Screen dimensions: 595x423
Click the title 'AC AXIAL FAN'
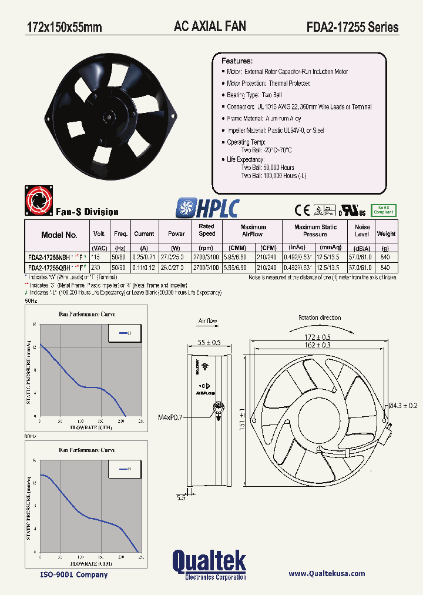tap(210, 26)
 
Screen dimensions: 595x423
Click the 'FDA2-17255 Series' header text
tap(352, 27)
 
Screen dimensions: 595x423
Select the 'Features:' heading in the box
tap(237, 61)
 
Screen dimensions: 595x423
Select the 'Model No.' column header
tap(59, 235)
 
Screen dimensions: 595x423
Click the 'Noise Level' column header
tap(362, 230)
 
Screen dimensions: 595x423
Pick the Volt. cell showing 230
tap(99, 267)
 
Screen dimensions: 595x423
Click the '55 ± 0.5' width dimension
tap(209, 342)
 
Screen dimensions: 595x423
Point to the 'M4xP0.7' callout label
tap(170, 417)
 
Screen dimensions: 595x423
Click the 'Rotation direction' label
tap(319, 317)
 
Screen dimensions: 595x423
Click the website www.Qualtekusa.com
tap(327, 574)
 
